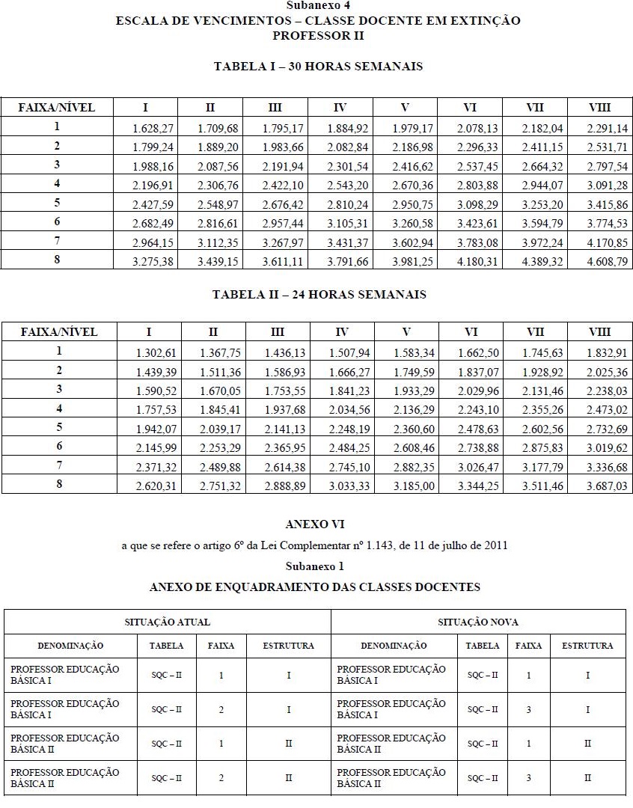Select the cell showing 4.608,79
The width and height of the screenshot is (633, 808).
point(611,261)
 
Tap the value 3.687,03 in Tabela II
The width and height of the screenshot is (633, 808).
point(611,486)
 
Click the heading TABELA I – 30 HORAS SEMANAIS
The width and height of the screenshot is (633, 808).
point(318,67)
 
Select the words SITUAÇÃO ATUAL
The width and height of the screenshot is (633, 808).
point(167,622)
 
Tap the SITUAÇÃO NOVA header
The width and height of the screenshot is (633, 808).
point(478,622)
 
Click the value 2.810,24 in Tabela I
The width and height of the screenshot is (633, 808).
point(349,204)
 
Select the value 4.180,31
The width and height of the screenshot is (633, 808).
point(479,261)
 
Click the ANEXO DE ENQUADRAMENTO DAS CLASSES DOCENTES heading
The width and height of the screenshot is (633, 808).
point(315,587)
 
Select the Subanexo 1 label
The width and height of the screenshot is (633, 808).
point(315,566)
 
